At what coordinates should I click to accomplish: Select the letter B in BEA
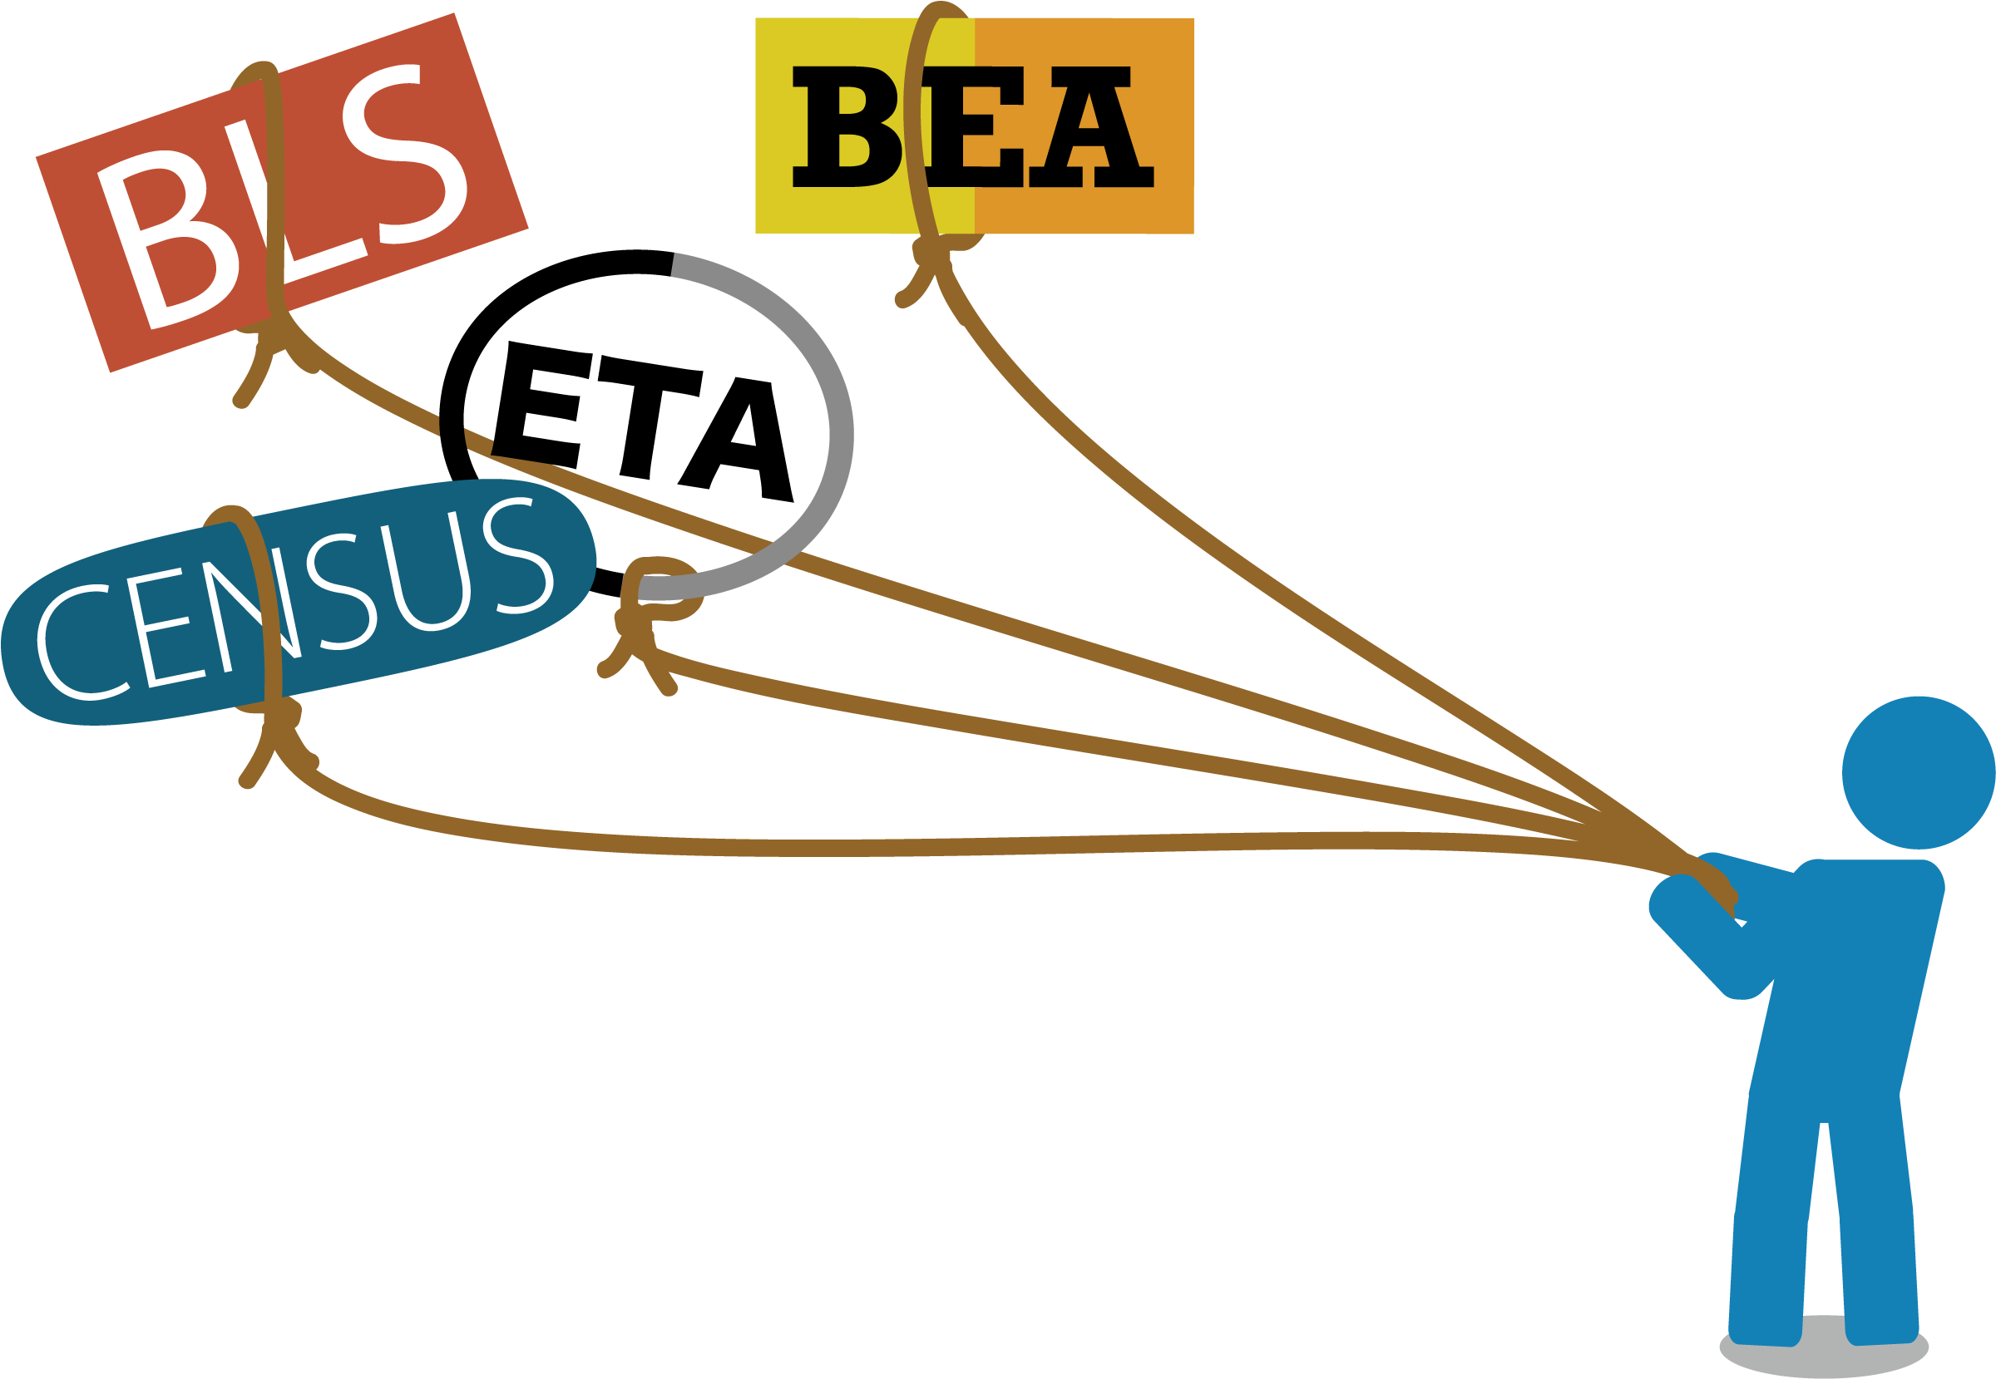(847, 127)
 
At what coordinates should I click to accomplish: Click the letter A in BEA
(1091, 127)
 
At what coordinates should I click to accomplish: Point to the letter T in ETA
(649, 416)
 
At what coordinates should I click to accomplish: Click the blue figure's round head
(1918, 773)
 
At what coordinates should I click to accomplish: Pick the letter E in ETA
(542, 404)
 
